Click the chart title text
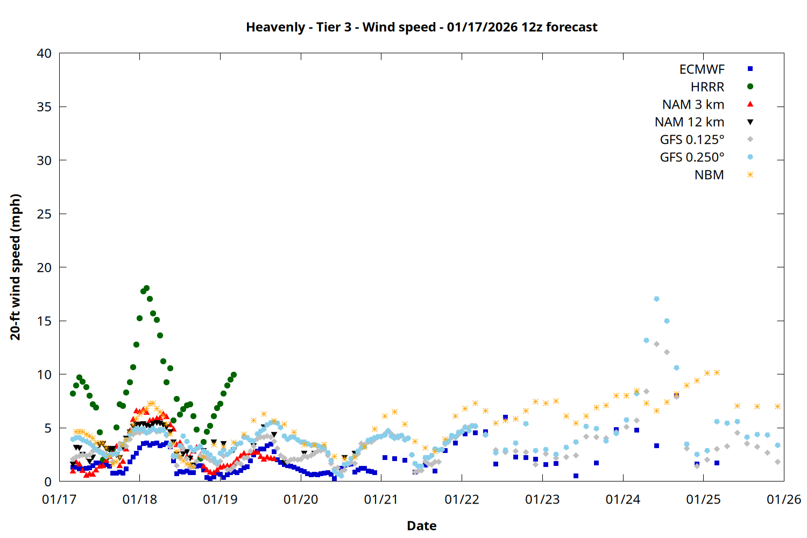click(422, 27)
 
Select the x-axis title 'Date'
click(422, 526)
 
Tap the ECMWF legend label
click(702, 69)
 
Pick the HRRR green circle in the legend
click(750, 87)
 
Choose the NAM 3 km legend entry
click(693, 104)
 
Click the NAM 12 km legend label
click(689, 122)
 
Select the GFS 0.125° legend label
click(692, 140)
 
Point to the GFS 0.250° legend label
click(692, 157)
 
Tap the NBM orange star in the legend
click(750, 175)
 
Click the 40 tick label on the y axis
click(44, 53)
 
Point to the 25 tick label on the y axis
click(44, 214)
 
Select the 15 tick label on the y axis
click(44, 321)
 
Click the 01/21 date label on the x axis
click(381, 499)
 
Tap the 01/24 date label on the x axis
click(623, 499)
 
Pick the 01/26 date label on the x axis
click(784, 499)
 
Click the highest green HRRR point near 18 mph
click(146, 288)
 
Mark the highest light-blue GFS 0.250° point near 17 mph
click(656, 299)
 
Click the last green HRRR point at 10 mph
click(233, 375)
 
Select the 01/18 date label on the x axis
click(140, 499)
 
